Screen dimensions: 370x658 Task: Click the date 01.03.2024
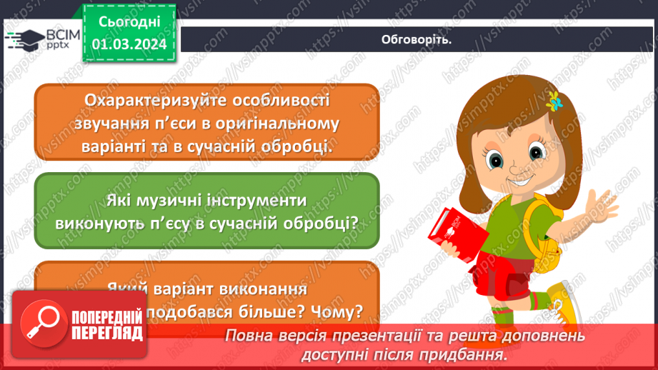129,44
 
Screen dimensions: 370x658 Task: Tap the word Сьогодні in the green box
129,21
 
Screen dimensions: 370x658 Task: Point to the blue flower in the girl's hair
554,101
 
